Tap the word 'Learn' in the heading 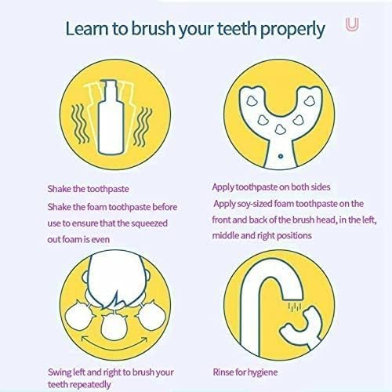[89, 30]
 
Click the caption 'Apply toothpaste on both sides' [271, 187]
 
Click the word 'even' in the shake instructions [132, 235]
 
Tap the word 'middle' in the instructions [232, 235]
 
